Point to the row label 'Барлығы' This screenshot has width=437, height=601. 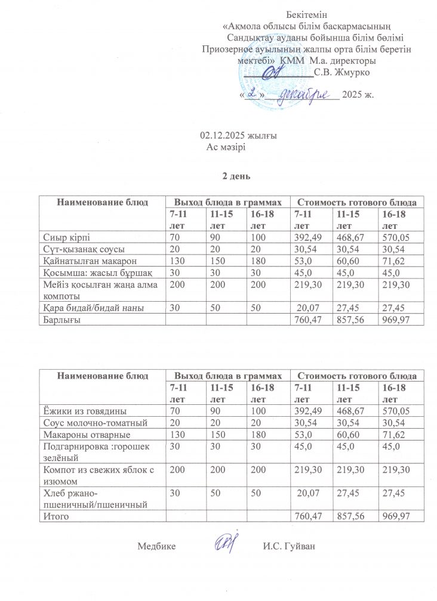pyautogui.click(x=60, y=320)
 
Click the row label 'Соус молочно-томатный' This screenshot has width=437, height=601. pyautogui.click(x=86, y=422)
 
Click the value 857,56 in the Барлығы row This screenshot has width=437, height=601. pyautogui.click(x=352, y=320)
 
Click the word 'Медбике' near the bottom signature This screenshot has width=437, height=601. pyautogui.click(x=156, y=546)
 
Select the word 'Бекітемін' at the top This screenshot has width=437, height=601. pyautogui.click(x=307, y=15)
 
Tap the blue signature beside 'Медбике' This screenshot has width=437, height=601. pyautogui.click(x=226, y=543)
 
